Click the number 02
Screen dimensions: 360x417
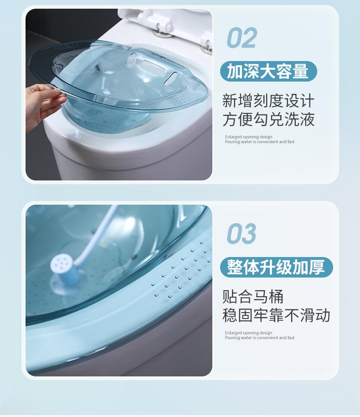[242, 38]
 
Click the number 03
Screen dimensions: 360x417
[242, 233]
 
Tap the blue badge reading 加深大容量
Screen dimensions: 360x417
[268, 71]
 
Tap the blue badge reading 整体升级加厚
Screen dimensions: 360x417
[277, 267]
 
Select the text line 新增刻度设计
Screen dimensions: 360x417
[268, 101]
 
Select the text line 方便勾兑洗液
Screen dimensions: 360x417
[268, 119]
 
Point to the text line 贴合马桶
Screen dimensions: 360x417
[253, 297]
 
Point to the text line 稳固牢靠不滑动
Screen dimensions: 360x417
[276, 315]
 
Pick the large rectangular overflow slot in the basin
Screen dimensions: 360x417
[150, 66]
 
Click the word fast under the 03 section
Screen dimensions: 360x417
[291, 338]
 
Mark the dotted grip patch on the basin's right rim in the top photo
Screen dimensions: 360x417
[180, 100]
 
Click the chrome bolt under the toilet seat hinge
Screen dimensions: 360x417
[161, 34]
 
